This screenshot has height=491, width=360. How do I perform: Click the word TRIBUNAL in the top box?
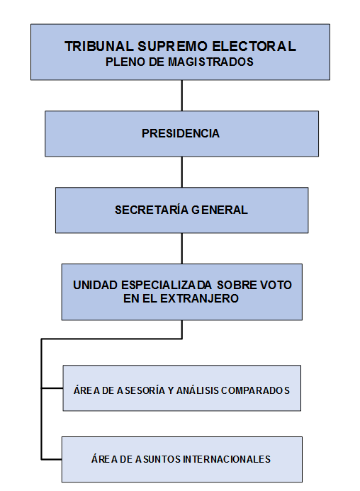99,46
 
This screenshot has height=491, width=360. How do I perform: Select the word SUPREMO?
171,46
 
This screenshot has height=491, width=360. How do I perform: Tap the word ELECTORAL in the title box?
254,46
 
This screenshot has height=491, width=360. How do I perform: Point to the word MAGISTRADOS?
210,62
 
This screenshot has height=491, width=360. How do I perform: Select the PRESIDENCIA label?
181,133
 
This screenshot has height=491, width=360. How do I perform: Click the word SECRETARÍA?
151,210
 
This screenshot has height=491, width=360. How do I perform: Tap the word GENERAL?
219,210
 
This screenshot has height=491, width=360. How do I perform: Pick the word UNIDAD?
95,285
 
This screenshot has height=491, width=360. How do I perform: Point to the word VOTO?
276,285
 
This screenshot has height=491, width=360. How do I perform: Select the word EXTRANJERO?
199,298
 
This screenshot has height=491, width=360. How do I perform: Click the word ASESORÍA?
141,390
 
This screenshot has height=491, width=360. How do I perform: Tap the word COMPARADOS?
255,390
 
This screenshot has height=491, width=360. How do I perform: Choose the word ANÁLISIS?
198,390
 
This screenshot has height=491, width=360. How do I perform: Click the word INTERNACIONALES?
227,459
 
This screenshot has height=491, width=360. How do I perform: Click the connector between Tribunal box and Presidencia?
181,96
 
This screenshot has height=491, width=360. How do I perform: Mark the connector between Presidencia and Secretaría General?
181,172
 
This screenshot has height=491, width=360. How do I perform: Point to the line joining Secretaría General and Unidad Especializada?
181,248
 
